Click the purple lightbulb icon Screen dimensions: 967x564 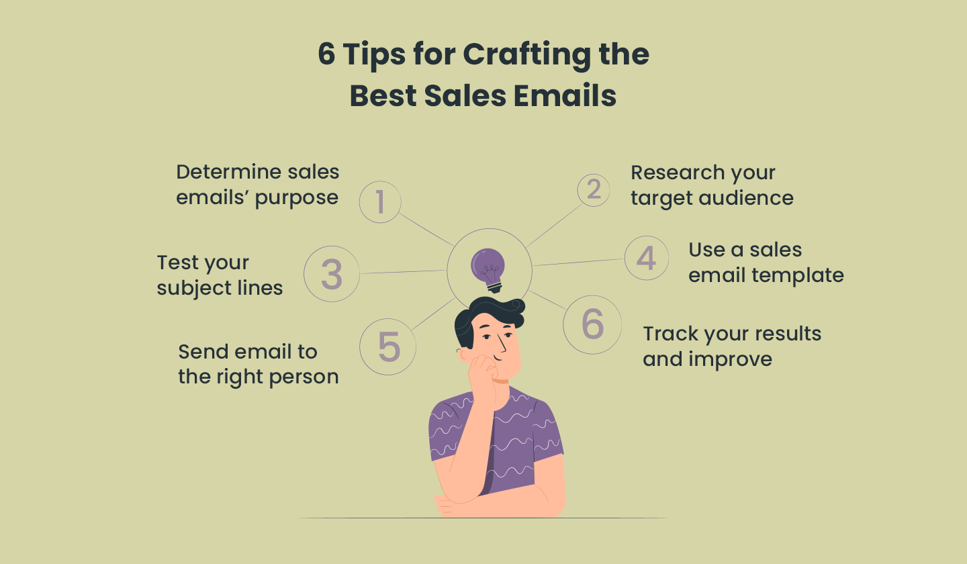pyautogui.click(x=488, y=271)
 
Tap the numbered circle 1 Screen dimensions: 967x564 pyautogui.click(x=380, y=202)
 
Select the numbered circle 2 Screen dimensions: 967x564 pyautogui.click(x=594, y=190)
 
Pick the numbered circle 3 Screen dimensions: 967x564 pyautogui.click(x=332, y=274)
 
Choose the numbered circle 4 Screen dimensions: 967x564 pyautogui.click(x=646, y=258)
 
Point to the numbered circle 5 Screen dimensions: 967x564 pyautogui.click(x=387, y=346)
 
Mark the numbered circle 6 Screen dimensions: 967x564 pyautogui.click(x=592, y=324)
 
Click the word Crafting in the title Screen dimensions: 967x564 pyautogui.click(x=527, y=55)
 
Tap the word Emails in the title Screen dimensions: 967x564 pyautogui.click(x=565, y=95)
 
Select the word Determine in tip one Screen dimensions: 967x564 pyautogui.click(x=228, y=172)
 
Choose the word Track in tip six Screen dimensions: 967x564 pyautogui.click(x=670, y=334)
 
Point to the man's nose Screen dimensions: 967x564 pyautogui.click(x=502, y=344)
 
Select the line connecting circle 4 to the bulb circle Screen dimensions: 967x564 pyautogui.click(x=578, y=262)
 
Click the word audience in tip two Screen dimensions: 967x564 pyautogui.click(x=746, y=198)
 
